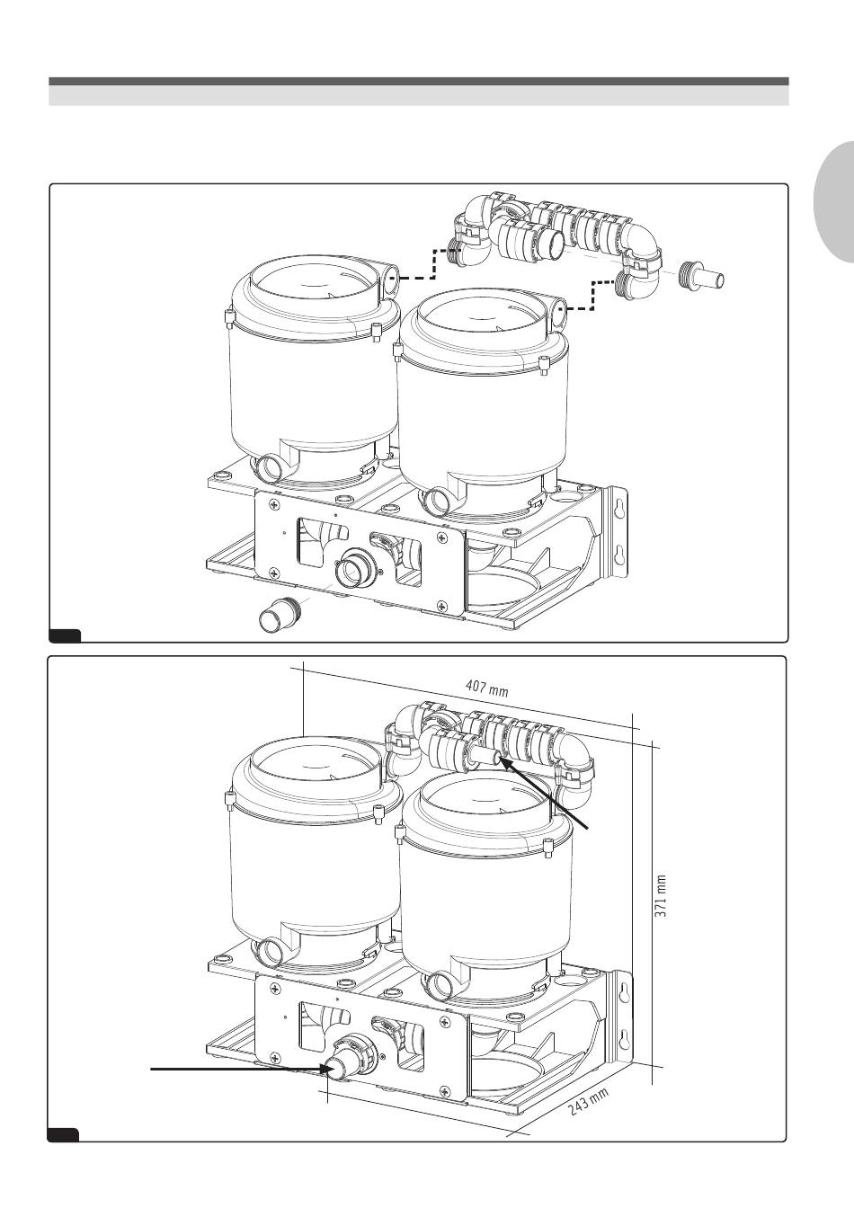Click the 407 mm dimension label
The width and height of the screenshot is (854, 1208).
pos(486,688)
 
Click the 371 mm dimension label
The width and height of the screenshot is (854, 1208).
pos(662,896)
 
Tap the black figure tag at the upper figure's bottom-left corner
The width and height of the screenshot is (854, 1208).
pos(65,635)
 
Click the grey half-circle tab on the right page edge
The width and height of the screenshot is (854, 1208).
pos(835,203)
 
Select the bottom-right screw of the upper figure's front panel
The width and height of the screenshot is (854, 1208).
pos(444,605)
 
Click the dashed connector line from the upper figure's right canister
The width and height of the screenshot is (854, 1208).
pos(592,295)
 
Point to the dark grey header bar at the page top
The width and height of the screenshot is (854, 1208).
pos(419,82)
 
